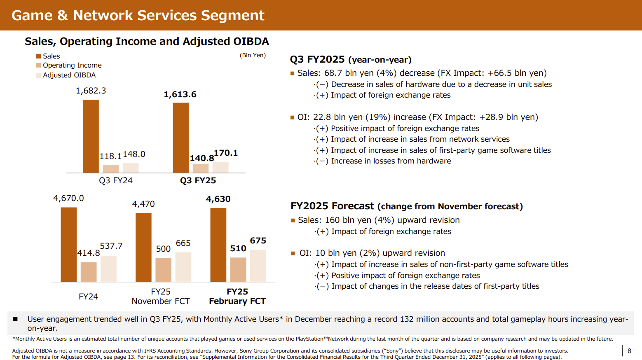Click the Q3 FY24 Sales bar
click(91, 136)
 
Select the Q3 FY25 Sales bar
click(180, 138)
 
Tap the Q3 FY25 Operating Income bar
click(201, 168)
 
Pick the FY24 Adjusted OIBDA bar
click(109, 269)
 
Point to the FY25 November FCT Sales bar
click(143, 248)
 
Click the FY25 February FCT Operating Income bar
click(238, 269)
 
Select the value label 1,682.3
click(91, 91)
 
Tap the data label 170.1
click(226, 153)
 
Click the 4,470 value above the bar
click(143, 204)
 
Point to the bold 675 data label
click(258, 241)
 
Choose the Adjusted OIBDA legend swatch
click(38, 75)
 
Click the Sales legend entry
click(48, 56)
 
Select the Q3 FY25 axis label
click(198, 180)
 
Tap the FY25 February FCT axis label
click(237, 297)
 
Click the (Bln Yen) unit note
click(253, 55)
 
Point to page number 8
click(629, 351)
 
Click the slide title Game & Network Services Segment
click(138, 16)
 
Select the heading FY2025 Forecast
click(332, 206)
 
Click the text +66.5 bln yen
click(515, 73)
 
